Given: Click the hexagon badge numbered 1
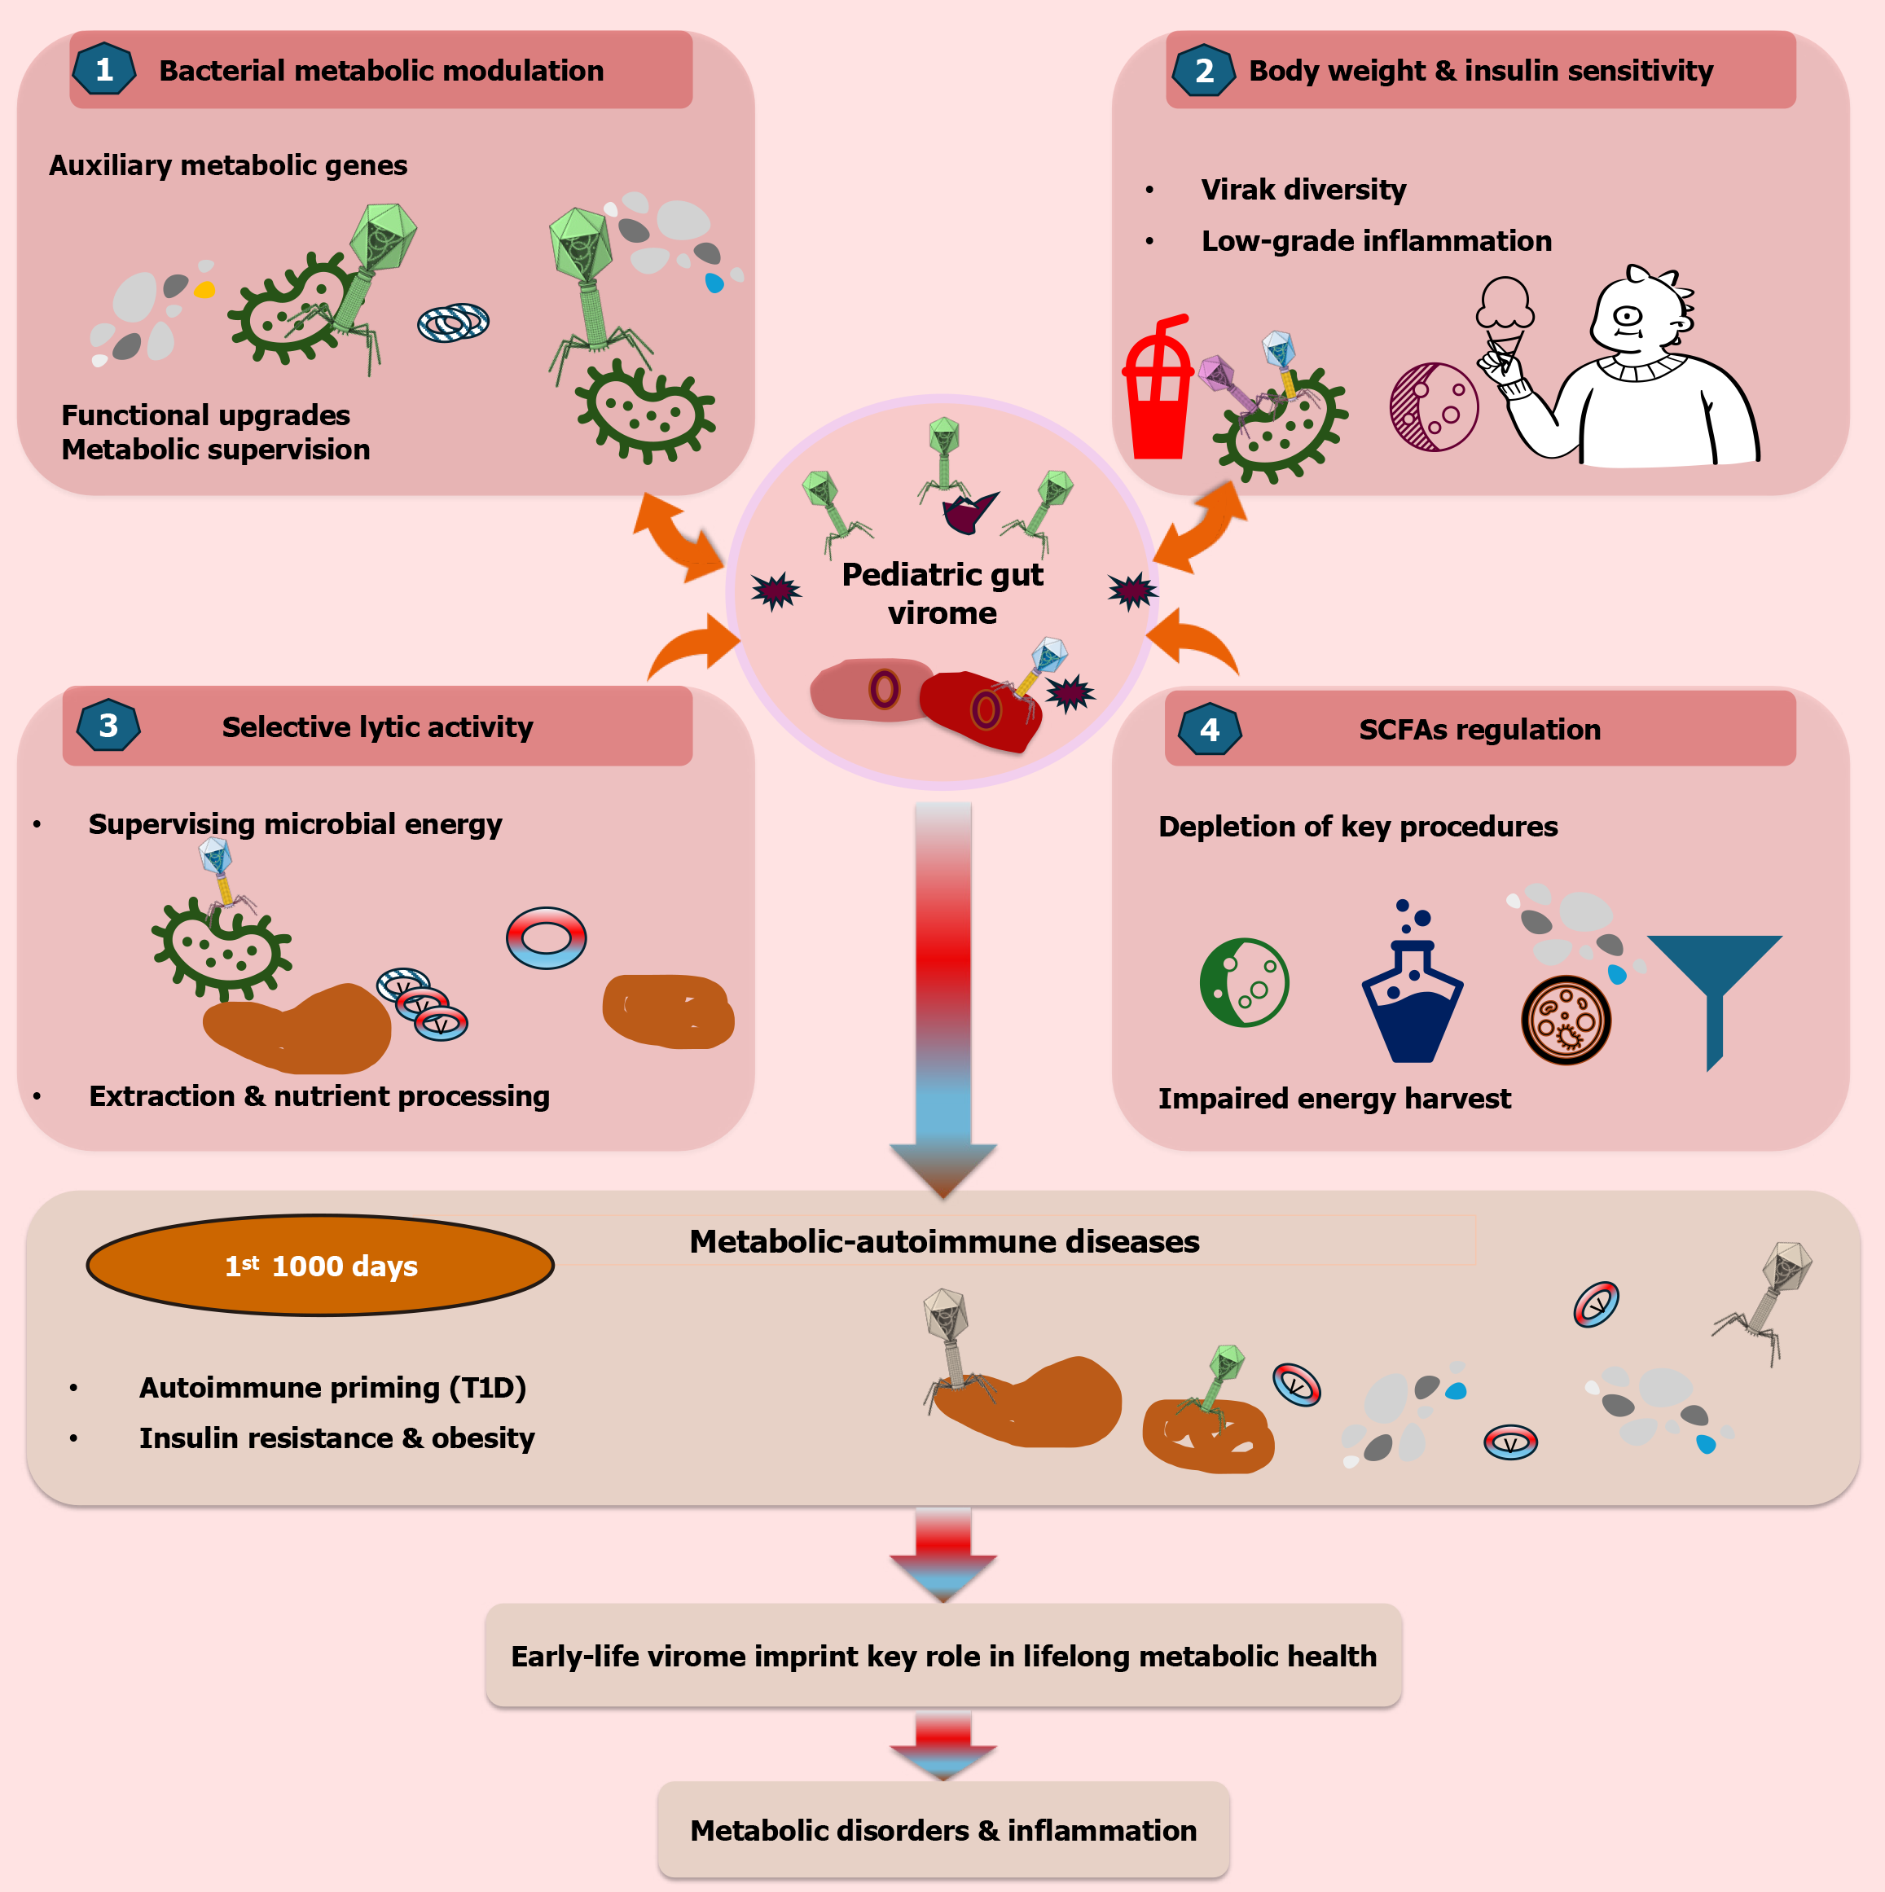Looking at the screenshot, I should coord(103,69).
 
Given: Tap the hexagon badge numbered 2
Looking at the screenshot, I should coord(1203,71).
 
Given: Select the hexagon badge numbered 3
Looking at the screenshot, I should coord(108,726).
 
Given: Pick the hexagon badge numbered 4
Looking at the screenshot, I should coord(1210,730).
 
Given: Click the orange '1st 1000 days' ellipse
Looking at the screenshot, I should coord(320,1265).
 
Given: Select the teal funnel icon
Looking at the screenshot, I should coord(1714,989).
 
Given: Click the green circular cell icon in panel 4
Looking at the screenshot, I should coord(1244,982).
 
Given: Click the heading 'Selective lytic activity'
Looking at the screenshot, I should coord(377,727).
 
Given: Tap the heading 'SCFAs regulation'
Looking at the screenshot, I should coord(1479,730).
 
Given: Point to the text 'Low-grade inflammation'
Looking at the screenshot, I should coord(1376,241).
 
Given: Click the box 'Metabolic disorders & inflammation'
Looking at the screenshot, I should coord(943,1829).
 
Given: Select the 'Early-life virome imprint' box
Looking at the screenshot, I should coord(943,1655).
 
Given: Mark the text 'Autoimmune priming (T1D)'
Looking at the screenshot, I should coord(332,1387).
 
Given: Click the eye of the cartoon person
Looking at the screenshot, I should coord(1628,315).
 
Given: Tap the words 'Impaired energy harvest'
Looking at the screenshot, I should coord(1334,1098).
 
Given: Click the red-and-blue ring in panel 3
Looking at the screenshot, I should coord(547,938).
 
